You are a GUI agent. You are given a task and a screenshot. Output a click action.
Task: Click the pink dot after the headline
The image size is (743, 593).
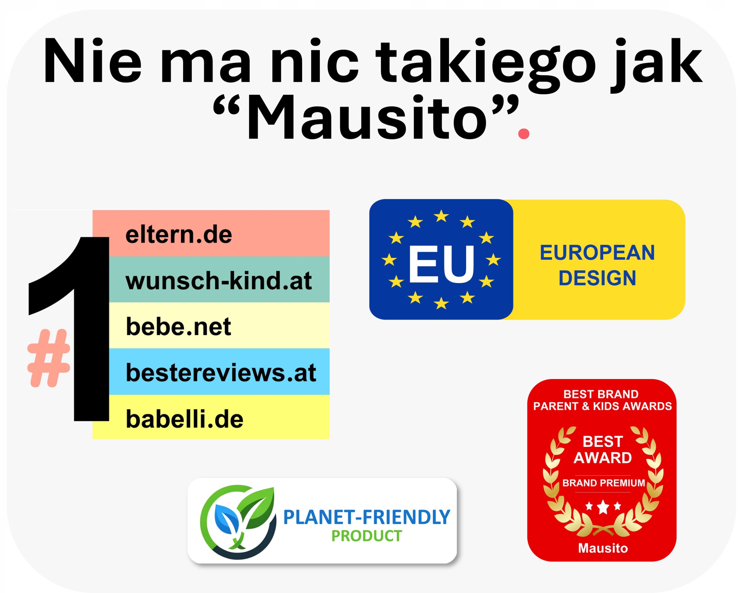pyautogui.click(x=524, y=133)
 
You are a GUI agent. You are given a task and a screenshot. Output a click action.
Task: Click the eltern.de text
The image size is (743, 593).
pyautogui.click(x=178, y=235)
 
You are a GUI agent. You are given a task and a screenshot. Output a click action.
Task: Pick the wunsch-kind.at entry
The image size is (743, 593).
pyautogui.click(x=219, y=280)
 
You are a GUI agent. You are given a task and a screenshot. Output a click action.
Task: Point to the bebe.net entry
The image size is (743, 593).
pyautogui.click(x=178, y=327)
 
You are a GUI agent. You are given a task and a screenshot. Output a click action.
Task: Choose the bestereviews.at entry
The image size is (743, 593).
pyautogui.click(x=221, y=372)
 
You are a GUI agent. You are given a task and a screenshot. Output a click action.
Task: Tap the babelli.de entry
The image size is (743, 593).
pyautogui.click(x=185, y=419)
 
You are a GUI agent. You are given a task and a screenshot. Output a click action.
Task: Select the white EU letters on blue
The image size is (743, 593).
pyautogui.click(x=441, y=264)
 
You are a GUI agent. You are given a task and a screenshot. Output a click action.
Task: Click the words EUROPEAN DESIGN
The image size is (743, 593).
pyautogui.click(x=597, y=265)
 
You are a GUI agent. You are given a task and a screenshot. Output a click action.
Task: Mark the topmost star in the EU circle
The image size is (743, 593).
pyautogui.click(x=441, y=216)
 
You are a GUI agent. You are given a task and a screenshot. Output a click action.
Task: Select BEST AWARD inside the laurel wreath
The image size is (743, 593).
pyautogui.click(x=603, y=450)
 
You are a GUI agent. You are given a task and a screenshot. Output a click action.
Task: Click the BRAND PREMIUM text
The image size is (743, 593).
pyautogui.click(x=603, y=483)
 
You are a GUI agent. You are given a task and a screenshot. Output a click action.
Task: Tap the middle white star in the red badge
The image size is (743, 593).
pyautogui.click(x=603, y=507)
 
